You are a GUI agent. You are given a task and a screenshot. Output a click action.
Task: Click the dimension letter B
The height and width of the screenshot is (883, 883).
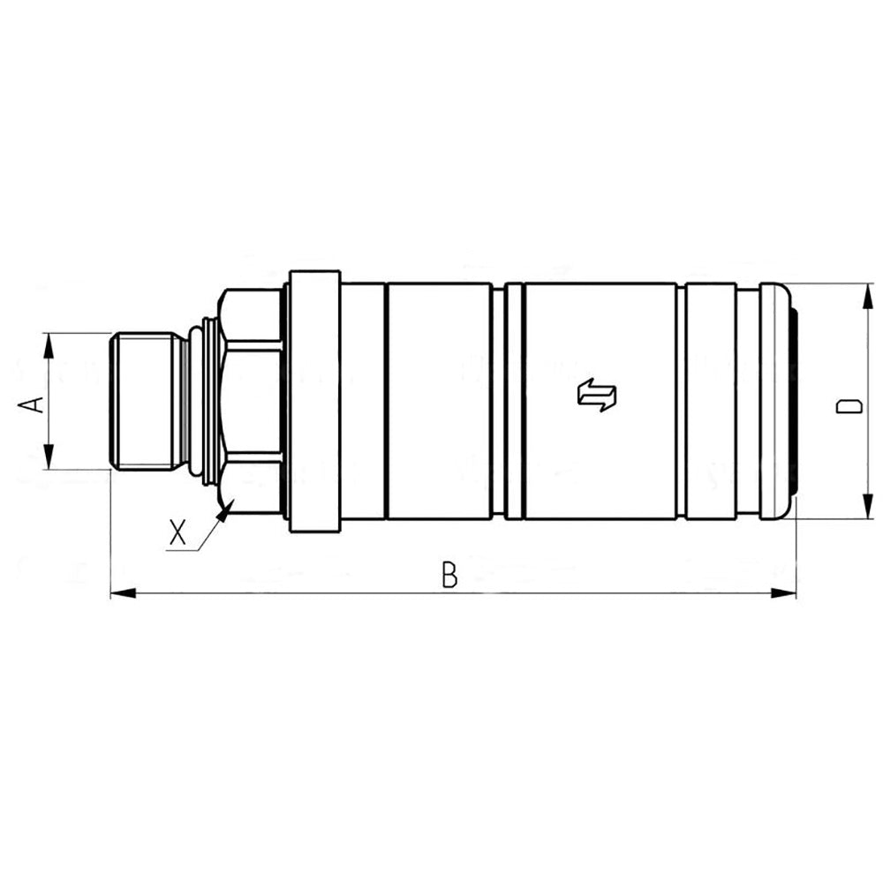[449, 575]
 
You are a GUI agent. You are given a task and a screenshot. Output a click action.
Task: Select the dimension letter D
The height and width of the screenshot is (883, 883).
[849, 405]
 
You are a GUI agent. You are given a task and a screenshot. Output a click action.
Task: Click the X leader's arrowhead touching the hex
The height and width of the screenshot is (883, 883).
[229, 505]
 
